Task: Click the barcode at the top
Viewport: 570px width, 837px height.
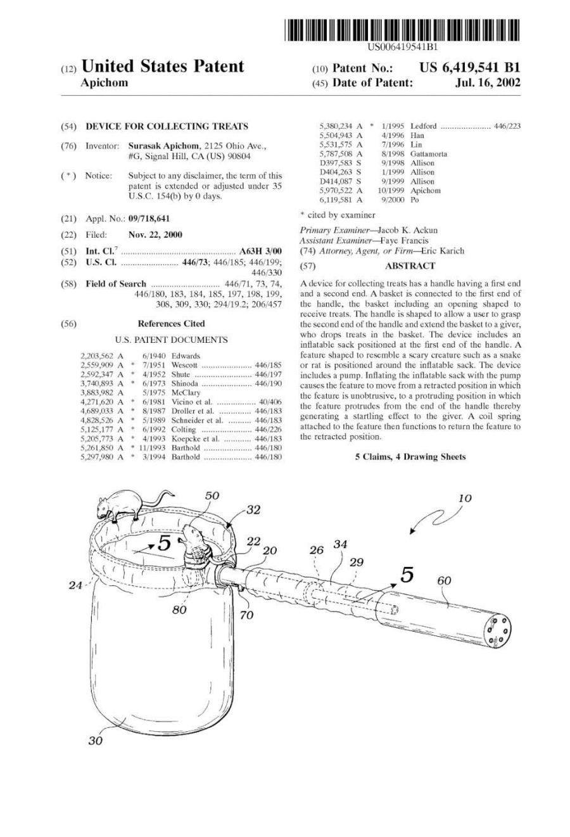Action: tap(402, 30)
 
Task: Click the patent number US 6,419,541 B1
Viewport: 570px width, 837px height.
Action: tap(469, 68)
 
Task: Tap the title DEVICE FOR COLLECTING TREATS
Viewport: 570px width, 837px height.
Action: tap(167, 126)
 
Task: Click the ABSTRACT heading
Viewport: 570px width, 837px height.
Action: tap(410, 266)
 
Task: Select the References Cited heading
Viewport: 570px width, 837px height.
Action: tap(171, 324)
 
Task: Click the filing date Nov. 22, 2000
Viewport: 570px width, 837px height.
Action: tap(155, 234)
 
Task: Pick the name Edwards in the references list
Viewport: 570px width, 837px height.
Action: tap(186, 356)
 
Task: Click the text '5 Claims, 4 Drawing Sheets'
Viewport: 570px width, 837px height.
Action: tap(410, 456)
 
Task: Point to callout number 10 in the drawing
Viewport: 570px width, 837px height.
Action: tap(464, 499)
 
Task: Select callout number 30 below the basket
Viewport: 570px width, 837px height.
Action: tap(95, 741)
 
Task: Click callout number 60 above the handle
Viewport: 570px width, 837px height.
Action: tap(444, 580)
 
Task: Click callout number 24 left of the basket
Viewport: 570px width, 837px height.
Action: tap(75, 585)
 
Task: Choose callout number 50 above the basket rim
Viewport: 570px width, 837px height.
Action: tap(212, 495)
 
